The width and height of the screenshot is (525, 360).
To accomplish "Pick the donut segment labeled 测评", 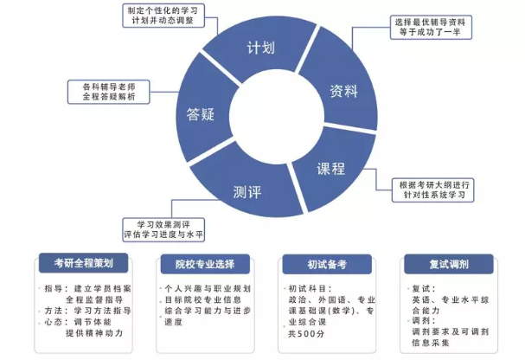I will [248, 190].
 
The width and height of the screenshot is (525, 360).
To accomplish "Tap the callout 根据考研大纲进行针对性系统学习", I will [432, 190].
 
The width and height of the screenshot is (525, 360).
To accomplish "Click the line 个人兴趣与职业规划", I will [208, 288].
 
